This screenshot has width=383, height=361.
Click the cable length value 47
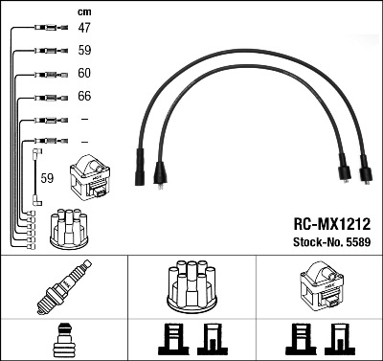pos(84,28)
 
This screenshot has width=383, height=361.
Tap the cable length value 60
pos(84,73)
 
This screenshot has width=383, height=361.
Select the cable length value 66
pos(84,96)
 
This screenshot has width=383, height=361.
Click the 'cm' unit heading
pos(84,12)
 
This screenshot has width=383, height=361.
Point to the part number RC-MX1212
pos(332,224)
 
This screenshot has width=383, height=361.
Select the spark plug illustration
pos(64,286)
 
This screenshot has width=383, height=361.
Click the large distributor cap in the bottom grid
pos(191,286)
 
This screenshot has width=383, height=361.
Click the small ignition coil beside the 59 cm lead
pos(90,177)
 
